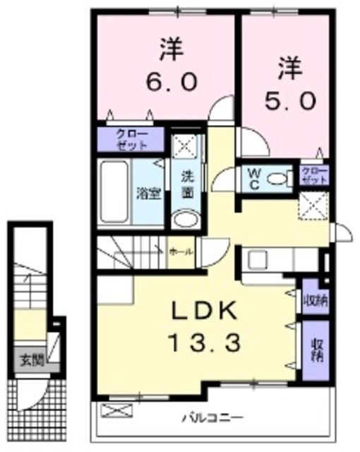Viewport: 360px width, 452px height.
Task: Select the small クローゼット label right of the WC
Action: click(x=314, y=176)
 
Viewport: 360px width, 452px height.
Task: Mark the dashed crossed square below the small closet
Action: click(x=312, y=207)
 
